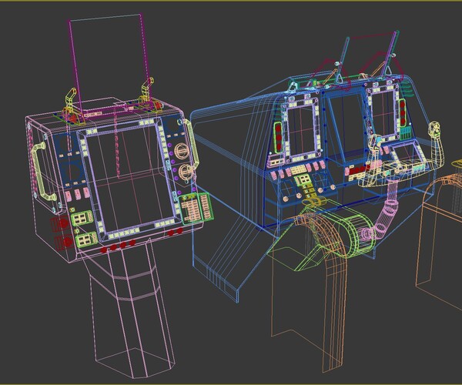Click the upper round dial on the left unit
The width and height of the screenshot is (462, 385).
pos(182,150)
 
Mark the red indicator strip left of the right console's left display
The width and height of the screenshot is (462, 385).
pos(276,138)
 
